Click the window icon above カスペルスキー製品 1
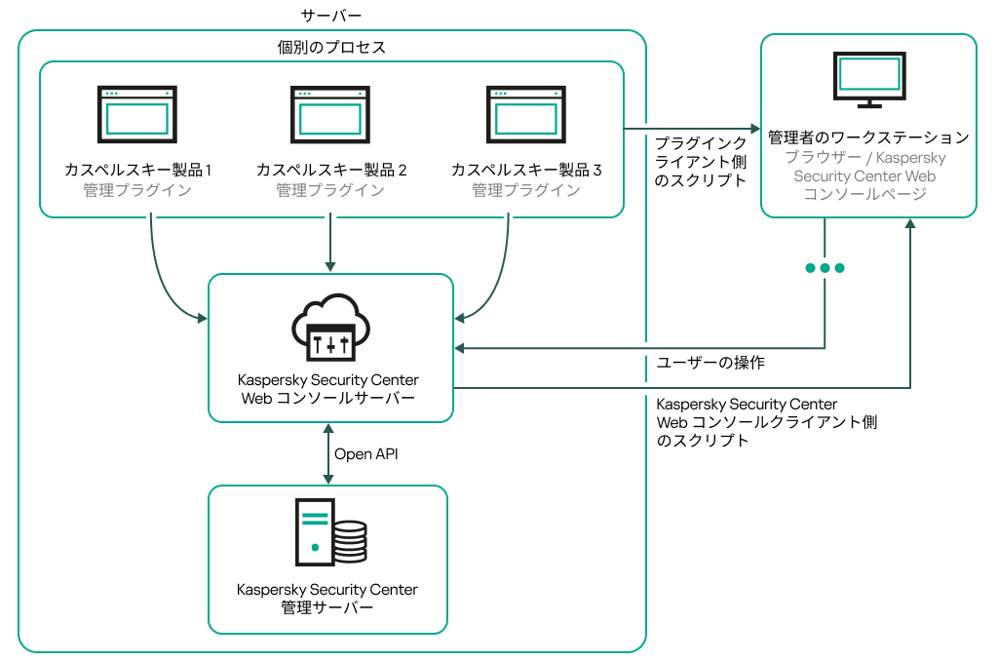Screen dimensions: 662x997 tap(137, 113)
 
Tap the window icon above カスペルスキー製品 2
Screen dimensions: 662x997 tap(330, 113)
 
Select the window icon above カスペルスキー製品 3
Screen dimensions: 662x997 tap(526, 113)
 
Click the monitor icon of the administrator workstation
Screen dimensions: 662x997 tap(869, 79)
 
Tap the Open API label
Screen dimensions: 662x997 tap(366, 453)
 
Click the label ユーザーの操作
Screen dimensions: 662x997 tap(709, 363)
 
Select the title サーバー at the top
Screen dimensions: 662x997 tap(332, 16)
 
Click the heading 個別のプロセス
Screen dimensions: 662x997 tap(331, 47)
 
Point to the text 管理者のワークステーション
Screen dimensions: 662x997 tap(868, 136)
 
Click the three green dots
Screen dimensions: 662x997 tap(824, 268)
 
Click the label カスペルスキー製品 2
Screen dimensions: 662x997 tap(331, 170)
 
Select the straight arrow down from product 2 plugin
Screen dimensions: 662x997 tap(331, 244)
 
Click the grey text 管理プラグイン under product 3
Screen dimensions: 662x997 tap(526, 190)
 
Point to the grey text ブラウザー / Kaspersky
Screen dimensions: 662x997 tap(868, 157)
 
